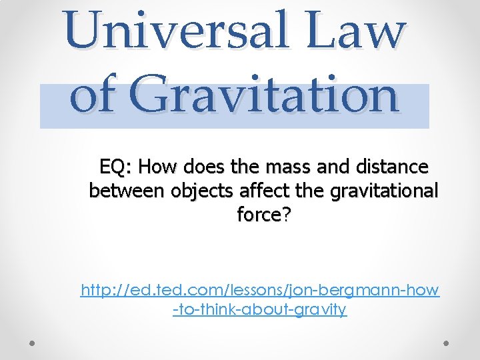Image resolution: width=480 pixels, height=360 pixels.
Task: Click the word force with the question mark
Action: point(259,215)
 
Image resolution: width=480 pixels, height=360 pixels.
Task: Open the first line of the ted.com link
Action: point(260,290)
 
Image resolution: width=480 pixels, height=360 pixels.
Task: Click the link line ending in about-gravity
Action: point(259,309)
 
